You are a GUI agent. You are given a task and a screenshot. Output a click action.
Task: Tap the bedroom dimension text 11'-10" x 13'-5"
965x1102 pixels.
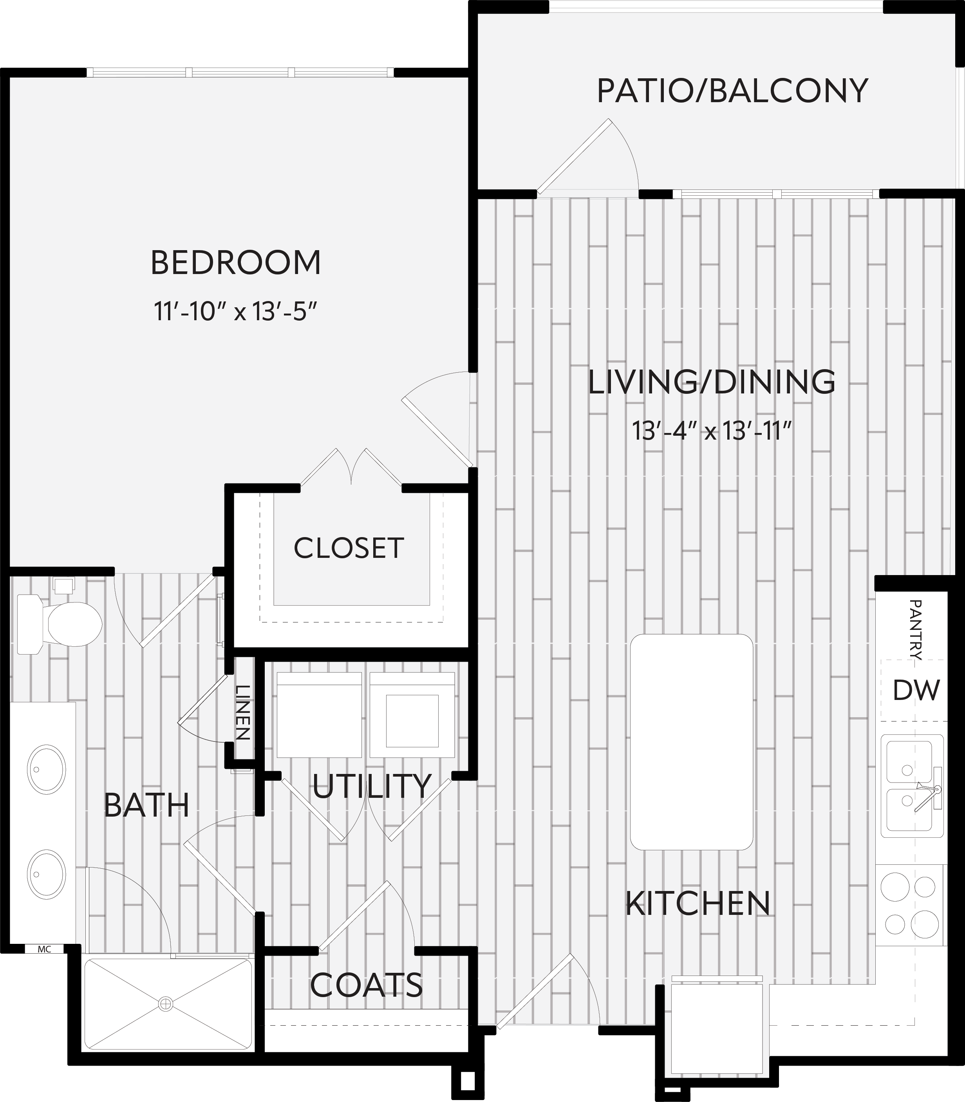pos(235,311)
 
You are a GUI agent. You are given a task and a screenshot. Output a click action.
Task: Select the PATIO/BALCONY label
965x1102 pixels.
pos(732,90)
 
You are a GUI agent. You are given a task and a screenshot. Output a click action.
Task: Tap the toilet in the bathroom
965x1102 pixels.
pos(59,624)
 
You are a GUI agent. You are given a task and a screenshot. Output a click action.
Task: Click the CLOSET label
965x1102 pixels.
pos(349,548)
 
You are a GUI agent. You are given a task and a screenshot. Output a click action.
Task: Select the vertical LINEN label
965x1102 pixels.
pos(243,712)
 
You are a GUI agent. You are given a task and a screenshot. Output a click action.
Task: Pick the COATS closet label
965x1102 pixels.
pos(366,985)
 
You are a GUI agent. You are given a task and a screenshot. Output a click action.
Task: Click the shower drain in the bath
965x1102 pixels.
pos(165,1003)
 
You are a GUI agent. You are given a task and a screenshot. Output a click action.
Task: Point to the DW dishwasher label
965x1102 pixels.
pos(916,690)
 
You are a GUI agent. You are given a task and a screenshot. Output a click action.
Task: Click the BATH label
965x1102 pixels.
pos(146,806)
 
